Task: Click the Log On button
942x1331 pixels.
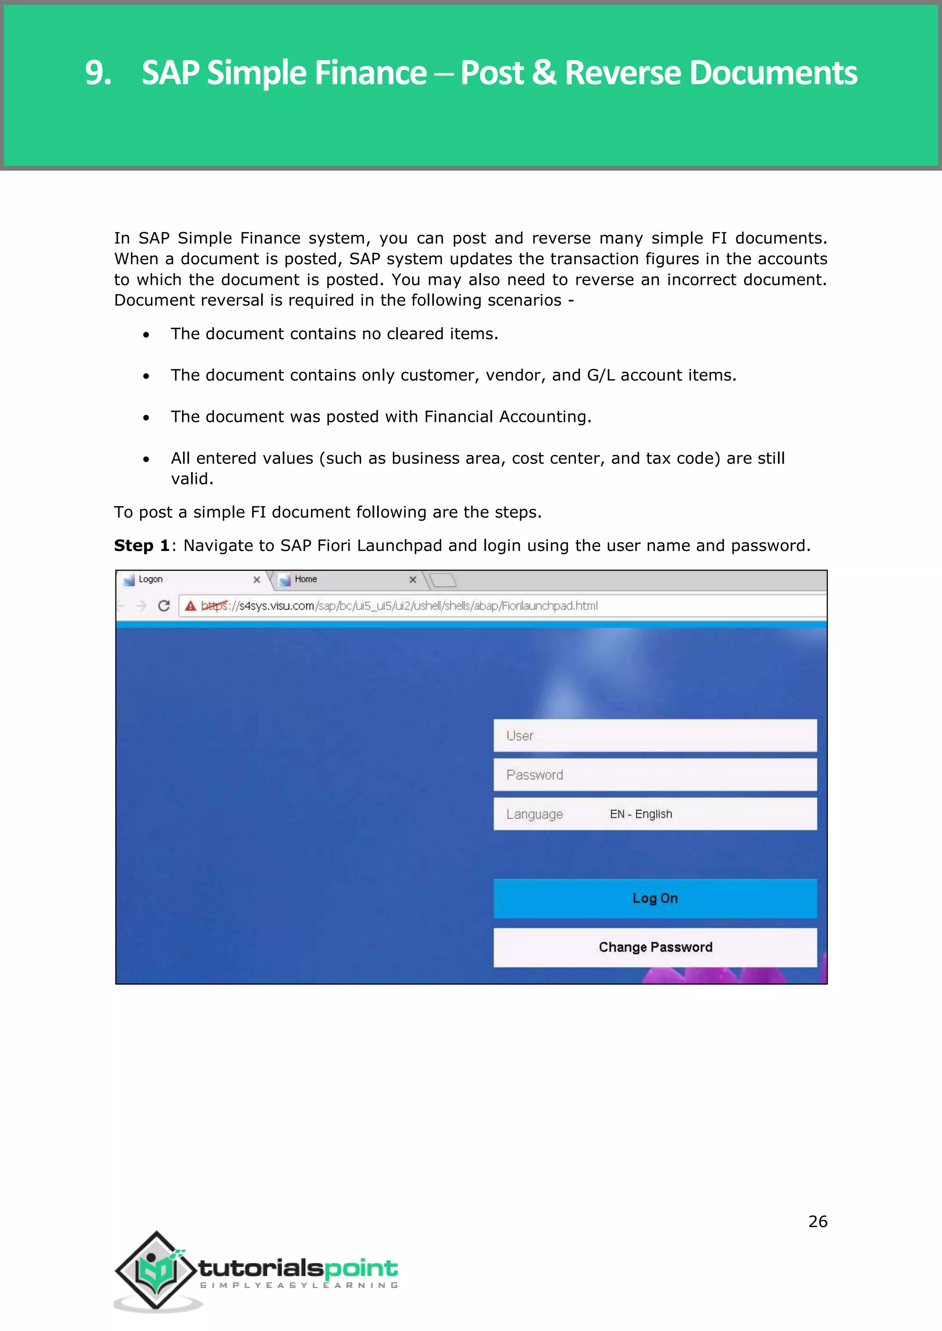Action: click(x=655, y=898)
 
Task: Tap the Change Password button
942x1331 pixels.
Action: click(x=655, y=947)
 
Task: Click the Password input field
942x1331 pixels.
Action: click(x=655, y=774)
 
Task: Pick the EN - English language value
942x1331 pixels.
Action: click(x=640, y=814)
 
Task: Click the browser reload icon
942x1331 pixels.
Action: click(x=164, y=606)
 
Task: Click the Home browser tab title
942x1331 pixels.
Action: click(x=306, y=579)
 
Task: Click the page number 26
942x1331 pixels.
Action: click(x=817, y=1222)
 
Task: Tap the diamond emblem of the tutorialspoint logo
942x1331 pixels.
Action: click(x=155, y=1270)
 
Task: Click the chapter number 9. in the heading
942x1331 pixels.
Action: click(x=98, y=73)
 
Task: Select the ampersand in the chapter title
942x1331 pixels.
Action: click(x=544, y=73)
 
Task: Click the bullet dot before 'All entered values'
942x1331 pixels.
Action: click(x=146, y=460)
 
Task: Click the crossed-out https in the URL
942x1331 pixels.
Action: click(x=214, y=606)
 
